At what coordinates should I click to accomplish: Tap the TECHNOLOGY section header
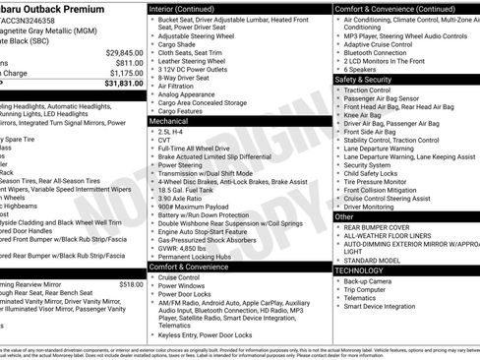tap(360, 270)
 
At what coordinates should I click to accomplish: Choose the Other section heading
tap(344, 216)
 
